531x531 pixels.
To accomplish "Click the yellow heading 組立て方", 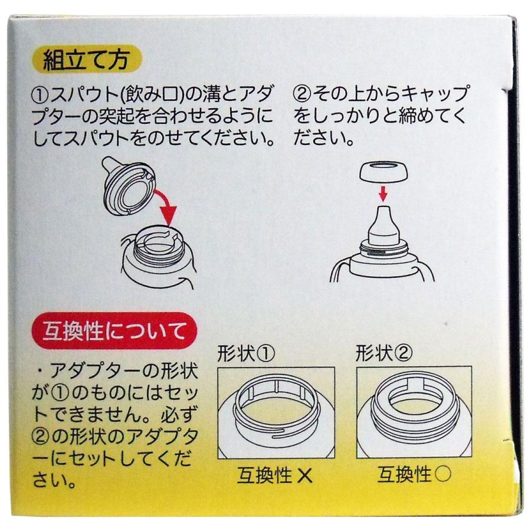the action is point(86,61).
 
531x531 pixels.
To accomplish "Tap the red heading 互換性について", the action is point(114,330).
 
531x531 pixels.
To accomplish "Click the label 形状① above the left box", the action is point(246,353).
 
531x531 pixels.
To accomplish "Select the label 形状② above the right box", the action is point(384,353).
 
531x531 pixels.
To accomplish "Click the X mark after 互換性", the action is point(305,476).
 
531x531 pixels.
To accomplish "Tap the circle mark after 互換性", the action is point(442,474).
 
